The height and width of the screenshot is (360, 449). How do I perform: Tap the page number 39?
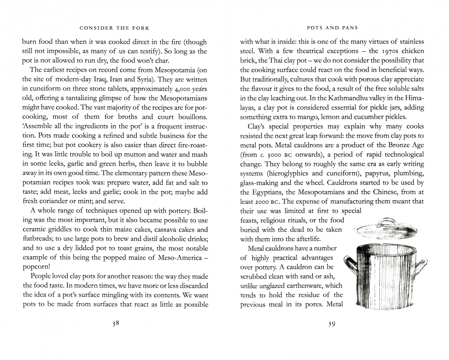pos(331,324)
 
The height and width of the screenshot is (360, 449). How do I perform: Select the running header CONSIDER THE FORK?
pos(114,28)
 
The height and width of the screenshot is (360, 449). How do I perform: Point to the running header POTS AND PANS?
pos(332,28)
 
